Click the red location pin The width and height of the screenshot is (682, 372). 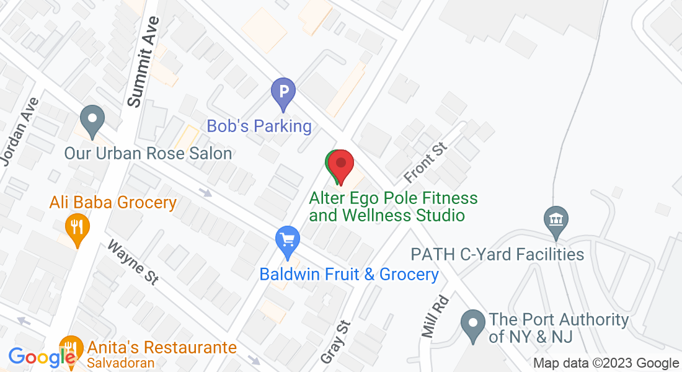[x=340, y=165]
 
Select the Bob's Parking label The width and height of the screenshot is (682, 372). [x=259, y=126]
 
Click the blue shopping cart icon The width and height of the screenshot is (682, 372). [x=287, y=240]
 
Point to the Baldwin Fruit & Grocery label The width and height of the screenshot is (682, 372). [x=349, y=274]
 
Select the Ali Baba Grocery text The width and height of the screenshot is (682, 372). [x=113, y=202]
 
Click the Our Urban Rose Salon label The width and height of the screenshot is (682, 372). [x=148, y=153]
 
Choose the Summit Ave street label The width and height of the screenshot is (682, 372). [x=142, y=62]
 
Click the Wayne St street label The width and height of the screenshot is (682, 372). [x=133, y=262]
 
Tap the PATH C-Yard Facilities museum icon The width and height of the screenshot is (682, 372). [x=556, y=220]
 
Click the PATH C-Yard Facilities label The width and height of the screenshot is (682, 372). [x=498, y=254]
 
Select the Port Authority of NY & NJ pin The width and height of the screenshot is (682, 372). [x=474, y=325]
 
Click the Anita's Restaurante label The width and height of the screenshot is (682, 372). [x=162, y=347]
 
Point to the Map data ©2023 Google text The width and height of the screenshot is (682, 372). [x=606, y=363]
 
